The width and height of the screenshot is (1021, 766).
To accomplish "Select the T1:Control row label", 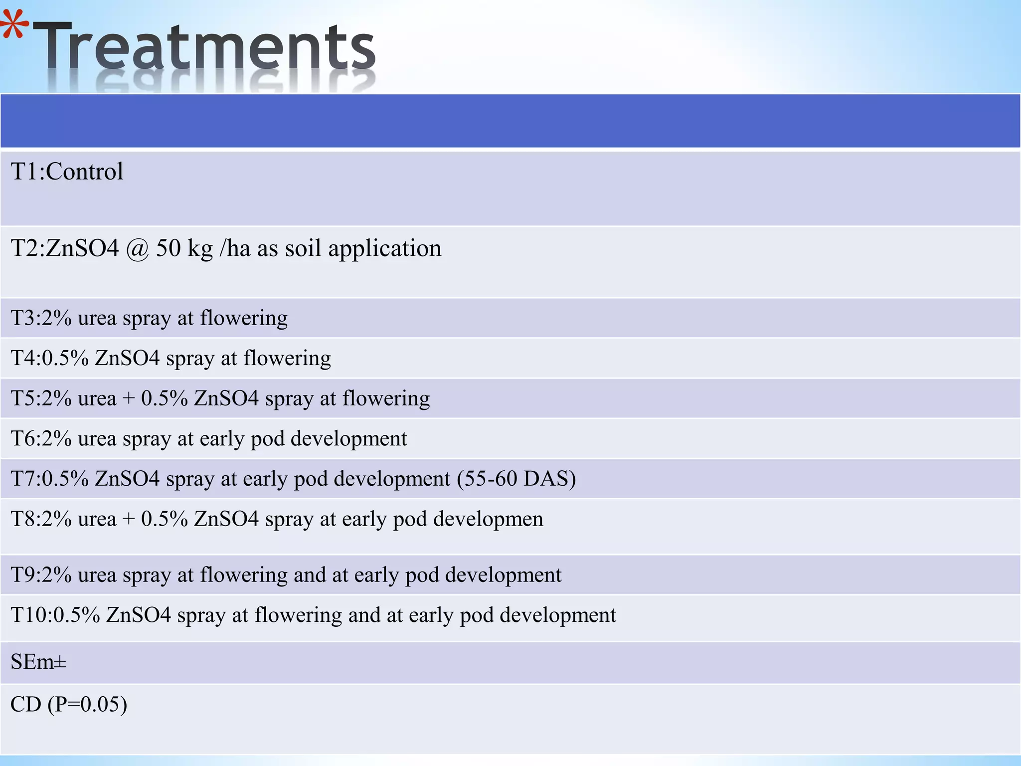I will [67, 172].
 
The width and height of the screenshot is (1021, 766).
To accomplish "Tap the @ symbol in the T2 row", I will [138, 248].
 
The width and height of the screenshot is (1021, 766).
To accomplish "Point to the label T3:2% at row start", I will [41, 318].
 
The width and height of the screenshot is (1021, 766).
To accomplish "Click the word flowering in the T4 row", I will [287, 358].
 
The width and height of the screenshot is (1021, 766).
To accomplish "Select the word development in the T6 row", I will [348, 439].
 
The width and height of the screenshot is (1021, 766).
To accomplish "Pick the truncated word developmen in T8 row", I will [488, 519].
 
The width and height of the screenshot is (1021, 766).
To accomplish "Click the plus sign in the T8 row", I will [129, 519].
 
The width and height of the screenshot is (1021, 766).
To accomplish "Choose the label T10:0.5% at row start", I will [55, 615].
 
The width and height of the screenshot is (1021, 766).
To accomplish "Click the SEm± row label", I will [38, 662].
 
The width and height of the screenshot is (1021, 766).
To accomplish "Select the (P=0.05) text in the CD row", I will [87, 704].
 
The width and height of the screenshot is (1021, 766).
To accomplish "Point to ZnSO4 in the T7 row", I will [127, 479].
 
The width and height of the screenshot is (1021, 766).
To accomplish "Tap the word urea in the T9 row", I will [97, 575].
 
